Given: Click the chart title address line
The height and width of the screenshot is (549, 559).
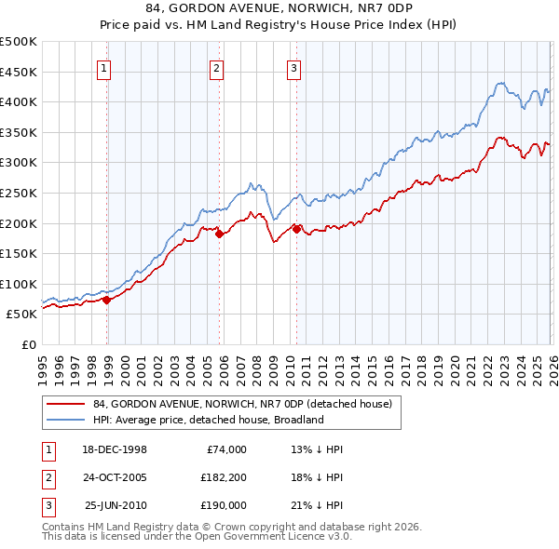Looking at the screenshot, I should [x=279, y=9].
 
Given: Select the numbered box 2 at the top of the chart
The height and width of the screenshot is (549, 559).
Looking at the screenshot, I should [x=216, y=68].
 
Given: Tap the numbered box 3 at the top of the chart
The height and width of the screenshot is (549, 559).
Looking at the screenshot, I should [x=293, y=68].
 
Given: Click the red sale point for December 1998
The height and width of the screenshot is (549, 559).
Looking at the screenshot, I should [x=107, y=300].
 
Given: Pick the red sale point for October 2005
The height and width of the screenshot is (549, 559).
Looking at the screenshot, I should [x=220, y=234].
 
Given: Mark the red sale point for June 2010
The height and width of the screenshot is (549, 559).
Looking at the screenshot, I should [x=297, y=229].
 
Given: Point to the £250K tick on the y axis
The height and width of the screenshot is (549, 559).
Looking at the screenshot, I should [x=19, y=193].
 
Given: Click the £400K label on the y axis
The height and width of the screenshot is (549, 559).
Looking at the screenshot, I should [x=19, y=101].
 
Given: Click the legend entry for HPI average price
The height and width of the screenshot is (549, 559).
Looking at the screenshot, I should [x=208, y=420].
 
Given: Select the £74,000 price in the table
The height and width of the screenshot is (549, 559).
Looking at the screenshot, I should [x=224, y=449].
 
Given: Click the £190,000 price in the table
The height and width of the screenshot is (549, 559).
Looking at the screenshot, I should [x=224, y=505].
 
